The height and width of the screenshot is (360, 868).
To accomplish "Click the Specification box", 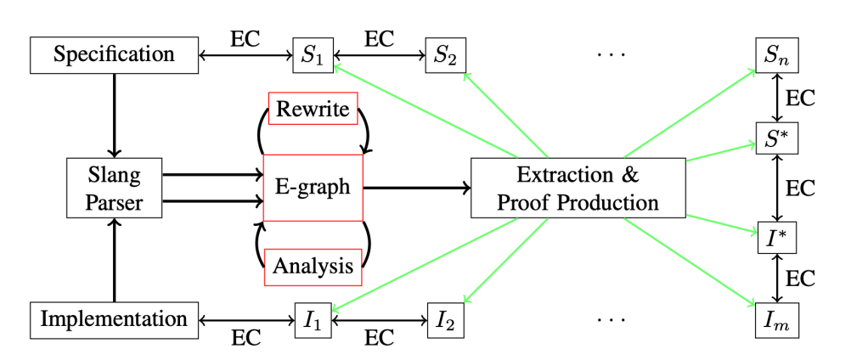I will click(x=114, y=55).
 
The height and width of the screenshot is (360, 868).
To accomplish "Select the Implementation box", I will click(x=114, y=319).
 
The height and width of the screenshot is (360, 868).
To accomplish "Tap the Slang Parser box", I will click(x=114, y=188).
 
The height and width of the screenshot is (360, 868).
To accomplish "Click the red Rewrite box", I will click(x=313, y=110).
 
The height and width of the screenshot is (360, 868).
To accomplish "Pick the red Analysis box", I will click(x=313, y=267).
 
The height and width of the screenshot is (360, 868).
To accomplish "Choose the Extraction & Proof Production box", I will click(x=578, y=188).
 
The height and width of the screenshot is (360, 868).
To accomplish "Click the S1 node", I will click(x=312, y=56).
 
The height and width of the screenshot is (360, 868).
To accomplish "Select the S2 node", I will click(x=445, y=56).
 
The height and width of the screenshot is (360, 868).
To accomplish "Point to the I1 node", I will click(x=312, y=320).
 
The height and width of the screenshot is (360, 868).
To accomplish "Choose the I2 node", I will click(x=445, y=320).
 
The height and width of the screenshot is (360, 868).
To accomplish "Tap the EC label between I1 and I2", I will click(x=379, y=337).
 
